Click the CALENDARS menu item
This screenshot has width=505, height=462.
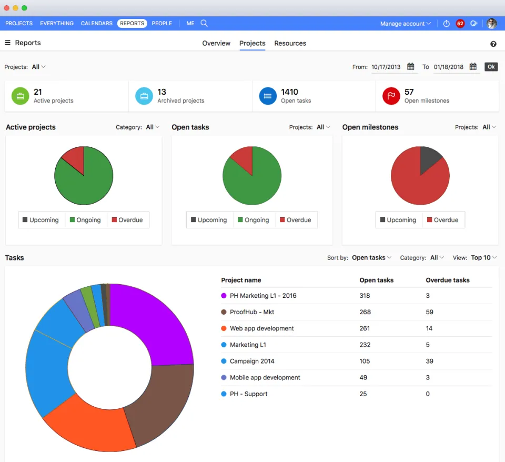click(96, 23)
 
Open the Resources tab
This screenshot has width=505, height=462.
click(290, 43)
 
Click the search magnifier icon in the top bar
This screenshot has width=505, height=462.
click(204, 23)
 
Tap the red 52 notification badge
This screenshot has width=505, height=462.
click(460, 24)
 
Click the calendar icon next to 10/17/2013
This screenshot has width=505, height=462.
click(411, 67)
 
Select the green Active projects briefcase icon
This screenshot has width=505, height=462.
click(20, 96)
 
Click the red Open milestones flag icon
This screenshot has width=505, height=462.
click(391, 96)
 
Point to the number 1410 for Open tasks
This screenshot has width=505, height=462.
click(289, 92)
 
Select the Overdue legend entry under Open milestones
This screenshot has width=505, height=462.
click(442, 220)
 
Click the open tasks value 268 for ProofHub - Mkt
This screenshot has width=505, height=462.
click(365, 312)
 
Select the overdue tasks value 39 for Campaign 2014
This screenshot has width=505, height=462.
click(429, 361)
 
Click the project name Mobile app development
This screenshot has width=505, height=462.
click(265, 377)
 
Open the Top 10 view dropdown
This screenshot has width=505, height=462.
click(483, 258)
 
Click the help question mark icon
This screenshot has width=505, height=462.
click(493, 44)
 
